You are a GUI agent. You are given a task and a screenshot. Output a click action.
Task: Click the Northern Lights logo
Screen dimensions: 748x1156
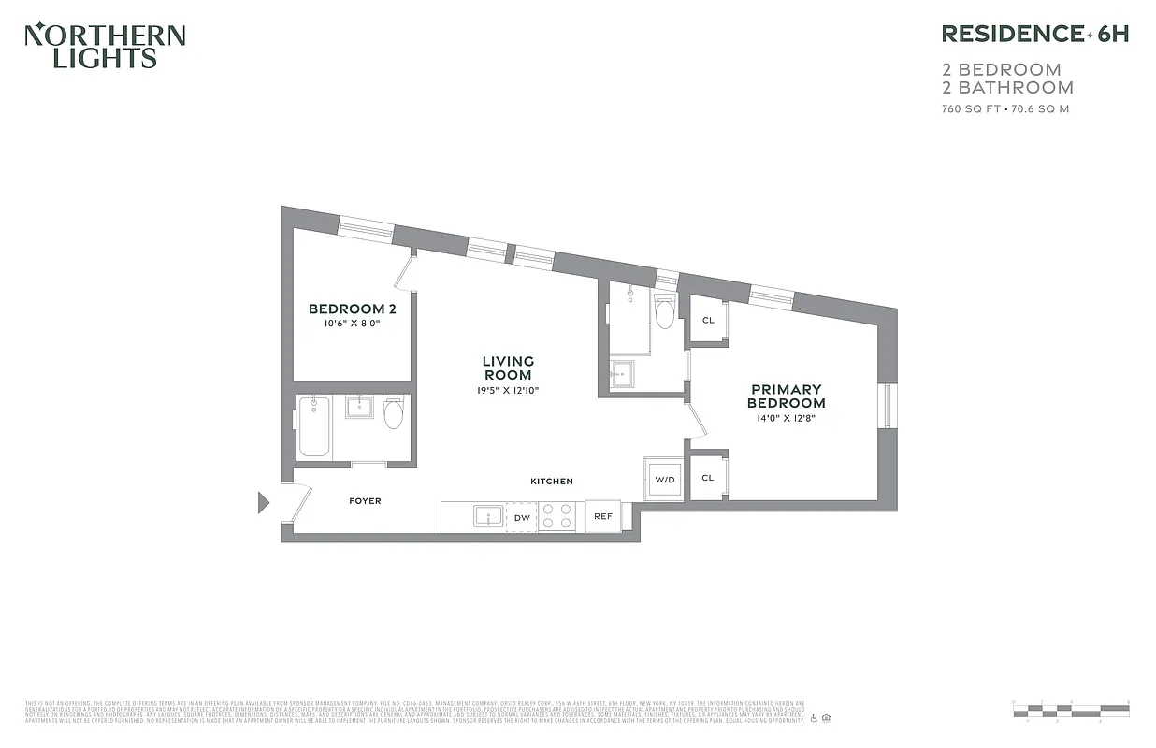click(104, 46)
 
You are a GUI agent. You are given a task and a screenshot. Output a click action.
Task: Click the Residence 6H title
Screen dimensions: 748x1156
click(1034, 34)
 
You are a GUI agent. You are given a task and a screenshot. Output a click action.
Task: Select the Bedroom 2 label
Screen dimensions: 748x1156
click(346, 309)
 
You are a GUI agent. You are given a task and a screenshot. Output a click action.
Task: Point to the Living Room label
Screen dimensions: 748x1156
click(508, 367)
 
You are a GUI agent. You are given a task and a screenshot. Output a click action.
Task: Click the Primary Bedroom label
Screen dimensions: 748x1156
click(786, 396)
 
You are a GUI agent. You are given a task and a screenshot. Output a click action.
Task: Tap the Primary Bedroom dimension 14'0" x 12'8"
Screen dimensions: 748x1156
click(786, 419)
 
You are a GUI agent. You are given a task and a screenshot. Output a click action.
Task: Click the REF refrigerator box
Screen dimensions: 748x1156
click(603, 516)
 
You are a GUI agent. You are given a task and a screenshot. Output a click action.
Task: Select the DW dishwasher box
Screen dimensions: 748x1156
click(522, 517)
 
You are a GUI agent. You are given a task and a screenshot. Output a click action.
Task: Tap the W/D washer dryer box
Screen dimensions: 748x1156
click(664, 479)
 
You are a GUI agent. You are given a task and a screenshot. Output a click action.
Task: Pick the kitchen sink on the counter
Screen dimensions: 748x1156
click(487, 516)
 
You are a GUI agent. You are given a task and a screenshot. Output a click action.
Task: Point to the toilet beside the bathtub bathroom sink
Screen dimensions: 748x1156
click(394, 412)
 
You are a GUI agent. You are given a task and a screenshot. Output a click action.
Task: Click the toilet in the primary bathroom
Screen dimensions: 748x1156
click(664, 313)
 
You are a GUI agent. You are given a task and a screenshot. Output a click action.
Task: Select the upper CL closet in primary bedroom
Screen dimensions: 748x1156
click(708, 320)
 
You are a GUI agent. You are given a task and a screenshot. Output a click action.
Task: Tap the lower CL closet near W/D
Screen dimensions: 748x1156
click(708, 477)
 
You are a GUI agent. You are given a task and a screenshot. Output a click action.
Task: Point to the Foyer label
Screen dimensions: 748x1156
click(365, 501)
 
